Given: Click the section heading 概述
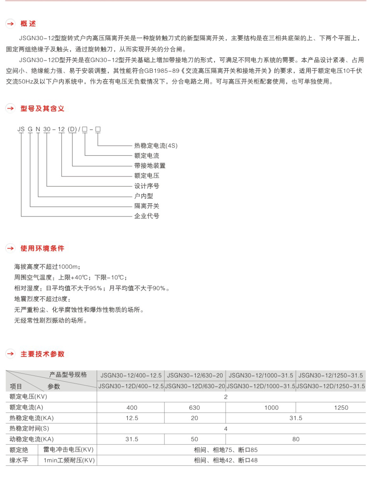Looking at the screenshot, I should click(x=28, y=24).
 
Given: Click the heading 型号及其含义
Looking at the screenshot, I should click(x=42, y=109).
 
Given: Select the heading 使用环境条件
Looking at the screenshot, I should click(x=42, y=248).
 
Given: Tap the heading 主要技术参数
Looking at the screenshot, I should click(x=42, y=354).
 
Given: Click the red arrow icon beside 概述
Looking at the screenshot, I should click(x=10, y=24).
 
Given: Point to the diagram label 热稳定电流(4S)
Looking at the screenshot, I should click(x=156, y=146).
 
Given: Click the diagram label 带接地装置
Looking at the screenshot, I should click(x=150, y=166).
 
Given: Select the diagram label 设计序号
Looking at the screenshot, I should click(x=147, y=186).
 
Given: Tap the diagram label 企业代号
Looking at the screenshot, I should click(x=147, y=216).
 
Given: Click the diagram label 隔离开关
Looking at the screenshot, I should click(x=147, y=206).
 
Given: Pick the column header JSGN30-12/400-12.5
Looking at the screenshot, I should click(x=131, y=376).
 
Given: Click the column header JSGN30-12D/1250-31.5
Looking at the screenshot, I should click(x=331, y=386).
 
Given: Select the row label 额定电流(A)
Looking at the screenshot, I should click(x=26, y=407).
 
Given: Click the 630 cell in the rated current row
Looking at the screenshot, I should click(x=195, y=408).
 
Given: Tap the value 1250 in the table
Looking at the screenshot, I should click(x=341, y=408).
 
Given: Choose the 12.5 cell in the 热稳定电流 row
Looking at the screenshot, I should click(x=132, y=418).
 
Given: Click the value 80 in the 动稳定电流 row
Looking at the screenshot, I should click(x=296, y=439).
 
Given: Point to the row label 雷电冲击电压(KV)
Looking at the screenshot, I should click(x=68, y=450).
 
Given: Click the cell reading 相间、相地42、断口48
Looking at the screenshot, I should click(x=226, y=461).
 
